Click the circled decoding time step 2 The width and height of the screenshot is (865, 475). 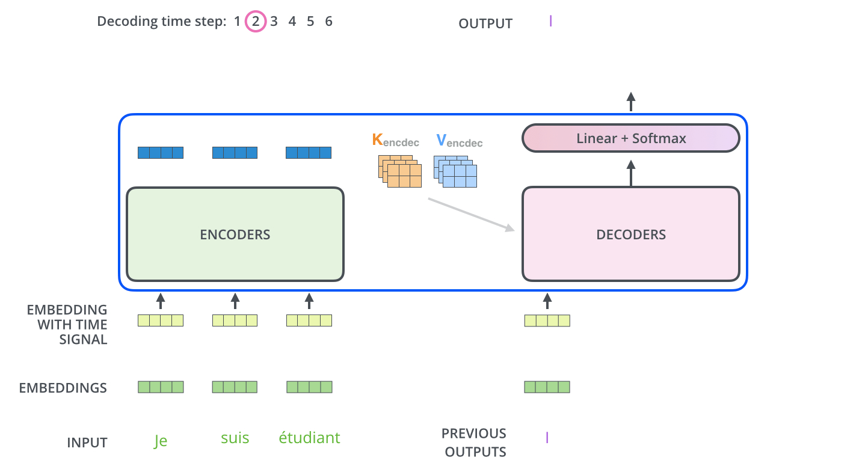tap(255, 22)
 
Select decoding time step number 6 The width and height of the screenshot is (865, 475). tap(328, 22)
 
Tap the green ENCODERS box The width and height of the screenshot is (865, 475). tap(235, 234)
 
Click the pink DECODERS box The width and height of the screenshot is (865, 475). tap(630, 234)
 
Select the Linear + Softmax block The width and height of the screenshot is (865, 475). tap(630, 138)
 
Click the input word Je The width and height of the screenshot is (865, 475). tap(160, 441)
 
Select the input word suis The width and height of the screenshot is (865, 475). tap(235, 438)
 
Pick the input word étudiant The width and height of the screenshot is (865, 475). tap(309, 438)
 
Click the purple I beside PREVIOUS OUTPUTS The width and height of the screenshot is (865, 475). tap(547, 438)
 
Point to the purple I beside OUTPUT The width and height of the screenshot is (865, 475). tap(550, 22)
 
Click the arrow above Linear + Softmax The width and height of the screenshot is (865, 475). tap(630, 102)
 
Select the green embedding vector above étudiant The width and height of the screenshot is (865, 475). tap(309, 387)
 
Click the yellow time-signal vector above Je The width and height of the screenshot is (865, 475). tap(160, 320)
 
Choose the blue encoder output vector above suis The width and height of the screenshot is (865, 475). tap(235, 153)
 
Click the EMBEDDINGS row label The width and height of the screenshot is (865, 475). tap(63, 388)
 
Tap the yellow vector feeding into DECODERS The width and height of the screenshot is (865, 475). tap(547, 320)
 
